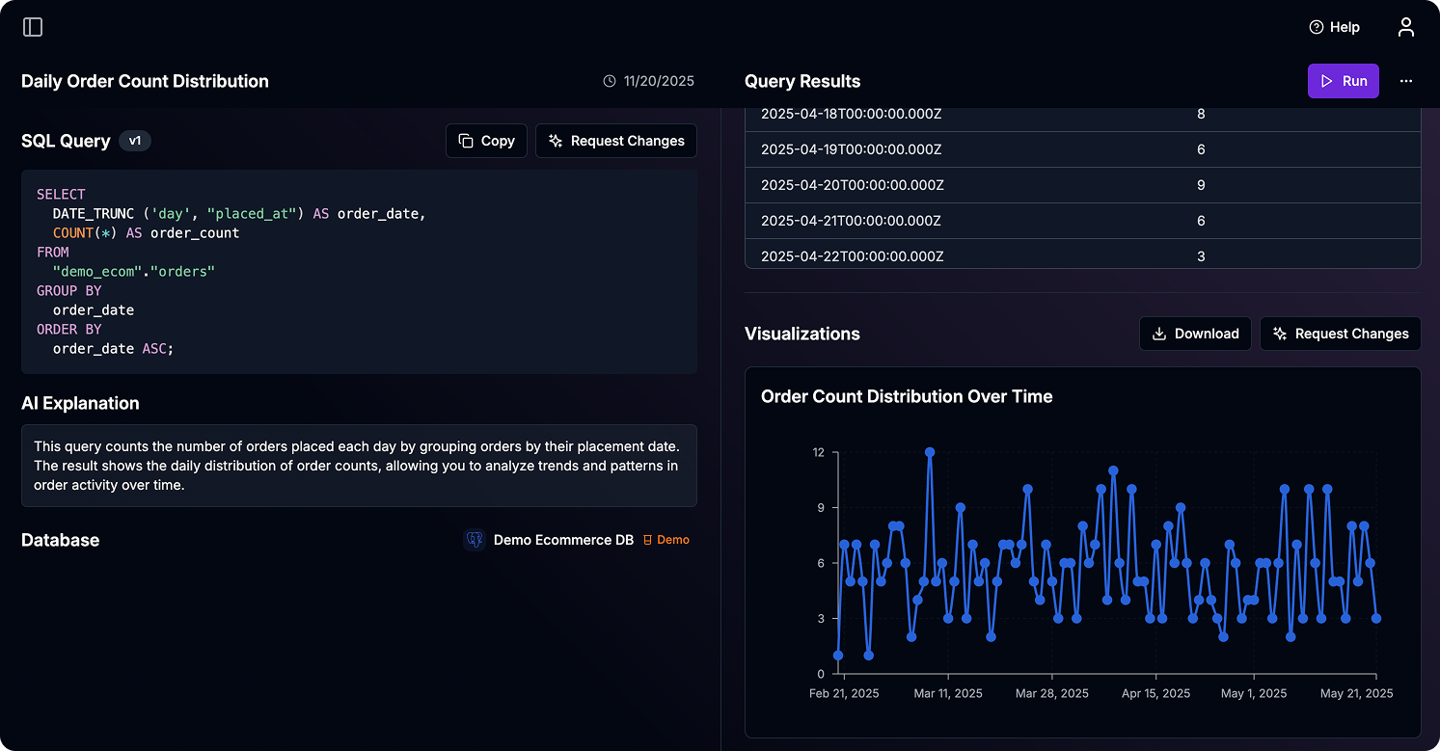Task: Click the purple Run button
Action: click(x=1343, y=81)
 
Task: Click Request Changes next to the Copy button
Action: click(x=615, y=141)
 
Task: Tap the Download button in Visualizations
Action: click(x=1195, y=334)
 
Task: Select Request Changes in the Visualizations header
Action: click(x=1340, y=334)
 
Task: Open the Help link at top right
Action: click(x=1334, y=27)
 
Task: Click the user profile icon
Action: click(x=1405, y=27)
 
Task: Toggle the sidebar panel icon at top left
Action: click(x=33, y=27)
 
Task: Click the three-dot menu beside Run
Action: click(x=1405, y=81)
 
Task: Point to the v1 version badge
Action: click(x=135, y=141)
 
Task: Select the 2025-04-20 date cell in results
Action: click(x=852, y=185)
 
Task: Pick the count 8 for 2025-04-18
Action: click(x=1200, y=114)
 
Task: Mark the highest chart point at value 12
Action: click(x=930, y=452)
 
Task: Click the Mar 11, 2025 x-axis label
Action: click(x=948, y=693)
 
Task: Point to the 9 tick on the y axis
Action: click(x=818, y=507)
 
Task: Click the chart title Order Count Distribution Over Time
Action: click(x=906, y=396)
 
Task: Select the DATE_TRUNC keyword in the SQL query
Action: click(x=93, y=213)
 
